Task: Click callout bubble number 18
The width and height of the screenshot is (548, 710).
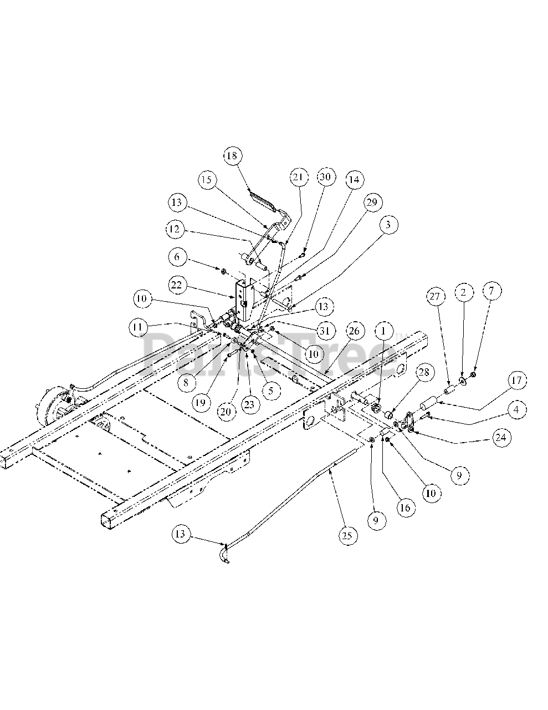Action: (232, 156)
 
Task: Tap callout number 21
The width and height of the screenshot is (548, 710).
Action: (298, 177)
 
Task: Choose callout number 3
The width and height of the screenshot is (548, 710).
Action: (389, 225)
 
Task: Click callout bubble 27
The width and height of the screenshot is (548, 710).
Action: (435, 297)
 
